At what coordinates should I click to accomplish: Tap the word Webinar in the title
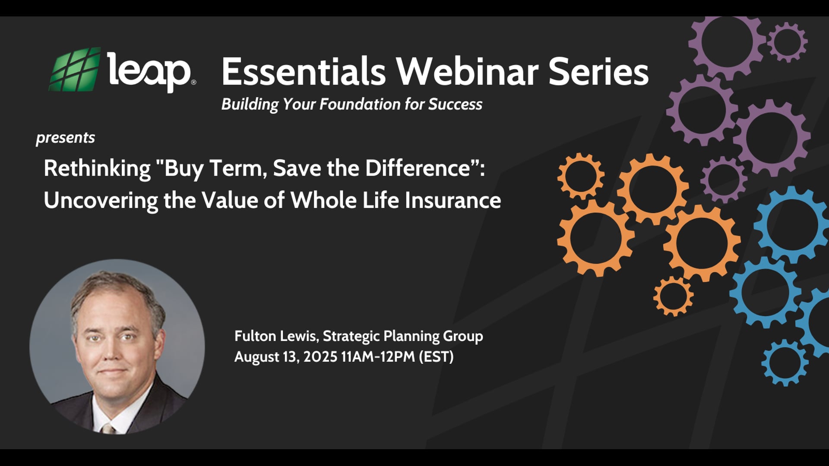coord(467,72)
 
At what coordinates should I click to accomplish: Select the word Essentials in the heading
coord(303,72)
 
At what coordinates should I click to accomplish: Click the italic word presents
coord(65,138)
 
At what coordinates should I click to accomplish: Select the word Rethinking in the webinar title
coord(97,168)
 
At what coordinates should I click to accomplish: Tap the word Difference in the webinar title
coord(418,168)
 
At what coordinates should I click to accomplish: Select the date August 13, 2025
coord(285,357)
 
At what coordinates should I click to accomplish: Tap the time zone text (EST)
coord(436,357)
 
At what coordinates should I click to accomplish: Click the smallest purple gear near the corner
coord(787,42)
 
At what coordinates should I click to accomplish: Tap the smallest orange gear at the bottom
coord(673,296)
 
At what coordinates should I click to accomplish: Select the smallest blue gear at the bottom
coord(785,362)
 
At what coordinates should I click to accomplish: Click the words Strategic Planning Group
coord(403,336)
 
